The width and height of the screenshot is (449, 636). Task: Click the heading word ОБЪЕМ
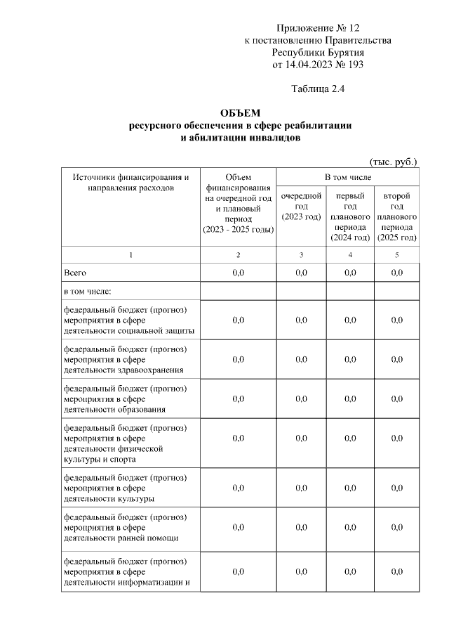239,113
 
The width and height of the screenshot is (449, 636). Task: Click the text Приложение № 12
317,28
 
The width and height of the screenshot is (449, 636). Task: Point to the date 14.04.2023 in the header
311,65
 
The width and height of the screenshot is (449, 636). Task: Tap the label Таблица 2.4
317,89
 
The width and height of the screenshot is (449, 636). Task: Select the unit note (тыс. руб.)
393,161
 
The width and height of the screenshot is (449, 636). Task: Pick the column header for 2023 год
301,206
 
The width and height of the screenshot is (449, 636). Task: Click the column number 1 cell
130,254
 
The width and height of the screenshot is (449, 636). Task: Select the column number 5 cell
396,254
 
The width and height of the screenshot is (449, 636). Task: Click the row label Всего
75,273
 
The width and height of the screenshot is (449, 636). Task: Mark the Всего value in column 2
238,273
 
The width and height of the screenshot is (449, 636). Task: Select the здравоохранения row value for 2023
301,359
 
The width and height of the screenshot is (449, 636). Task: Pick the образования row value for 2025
396,398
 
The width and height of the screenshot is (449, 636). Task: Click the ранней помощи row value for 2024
349,527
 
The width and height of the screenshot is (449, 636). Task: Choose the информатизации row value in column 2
238,571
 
